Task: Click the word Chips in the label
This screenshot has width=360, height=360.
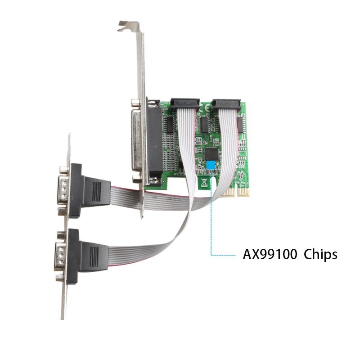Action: [x=320, y=255]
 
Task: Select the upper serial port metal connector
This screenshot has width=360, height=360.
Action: [x=62, y=189]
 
